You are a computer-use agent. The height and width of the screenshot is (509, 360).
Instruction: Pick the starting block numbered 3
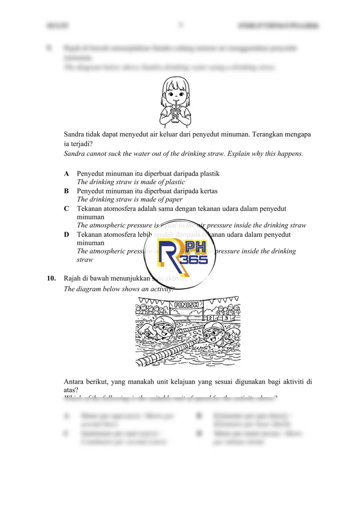click(226, 318)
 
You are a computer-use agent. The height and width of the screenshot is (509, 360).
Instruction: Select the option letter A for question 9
click(67, 174)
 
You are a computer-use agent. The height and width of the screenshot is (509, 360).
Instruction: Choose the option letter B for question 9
click(67, 191)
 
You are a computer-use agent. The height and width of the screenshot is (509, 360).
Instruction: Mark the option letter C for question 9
click(67, 209)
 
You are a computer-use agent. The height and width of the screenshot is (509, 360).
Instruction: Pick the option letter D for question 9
click(67, 235)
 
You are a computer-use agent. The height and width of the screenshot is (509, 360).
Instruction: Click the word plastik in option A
click(209, 174)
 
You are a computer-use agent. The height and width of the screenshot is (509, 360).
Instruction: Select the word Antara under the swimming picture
click(75, 382)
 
